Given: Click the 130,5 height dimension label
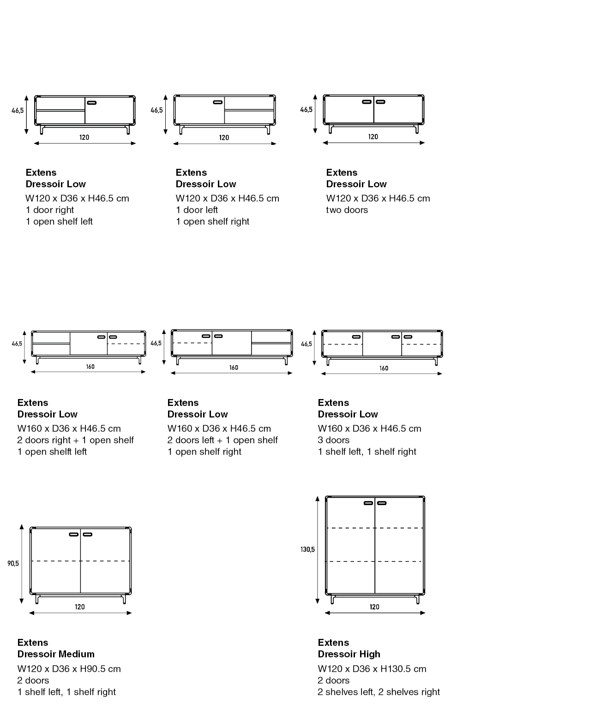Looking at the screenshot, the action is tap(307, 549).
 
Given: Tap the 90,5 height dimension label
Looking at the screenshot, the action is tap(13, 564).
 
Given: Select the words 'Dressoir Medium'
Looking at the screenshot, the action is tap(56, 654).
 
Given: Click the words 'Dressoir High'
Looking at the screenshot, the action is tap(349, 654).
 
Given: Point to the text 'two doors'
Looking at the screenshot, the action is tap(347, 210).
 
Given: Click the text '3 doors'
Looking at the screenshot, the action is tap(334, 440).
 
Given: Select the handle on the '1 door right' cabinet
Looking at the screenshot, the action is tap(91, 102).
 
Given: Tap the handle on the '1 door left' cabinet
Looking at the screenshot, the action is tap(218, 102).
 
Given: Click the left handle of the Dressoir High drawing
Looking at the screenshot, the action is tap(368, 503).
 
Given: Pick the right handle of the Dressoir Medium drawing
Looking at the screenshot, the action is tap(87, 535).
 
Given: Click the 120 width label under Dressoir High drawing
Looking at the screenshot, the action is tap(374, 607).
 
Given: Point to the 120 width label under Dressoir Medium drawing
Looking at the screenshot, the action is tap(80, 607).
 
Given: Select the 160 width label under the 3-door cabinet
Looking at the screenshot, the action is tap(384, 368).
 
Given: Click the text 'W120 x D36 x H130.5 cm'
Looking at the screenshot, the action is tap(372, 669).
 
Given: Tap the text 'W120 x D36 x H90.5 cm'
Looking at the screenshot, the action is tap(69, 669).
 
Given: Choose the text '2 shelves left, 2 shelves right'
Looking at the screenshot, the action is tap(379, 691).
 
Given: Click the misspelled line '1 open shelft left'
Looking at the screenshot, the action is tap(52, 452).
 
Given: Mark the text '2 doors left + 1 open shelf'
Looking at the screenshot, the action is tap(222, 440).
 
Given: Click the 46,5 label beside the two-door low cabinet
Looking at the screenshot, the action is tap(306, 110).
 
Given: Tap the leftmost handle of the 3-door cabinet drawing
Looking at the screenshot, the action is tap(356, 337).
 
